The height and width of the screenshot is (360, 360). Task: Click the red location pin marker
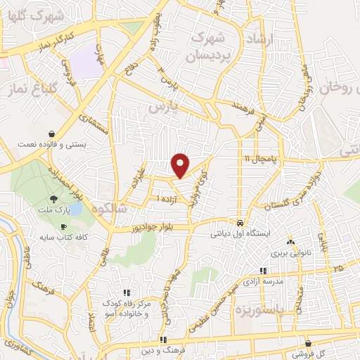(181, 165)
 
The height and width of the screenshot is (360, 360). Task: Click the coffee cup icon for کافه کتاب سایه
(64, 227)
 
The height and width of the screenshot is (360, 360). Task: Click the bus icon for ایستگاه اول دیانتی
(240, 220)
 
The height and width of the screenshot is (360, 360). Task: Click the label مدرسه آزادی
(263, 281)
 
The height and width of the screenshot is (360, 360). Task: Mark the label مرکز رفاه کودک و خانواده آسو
(127, 307)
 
